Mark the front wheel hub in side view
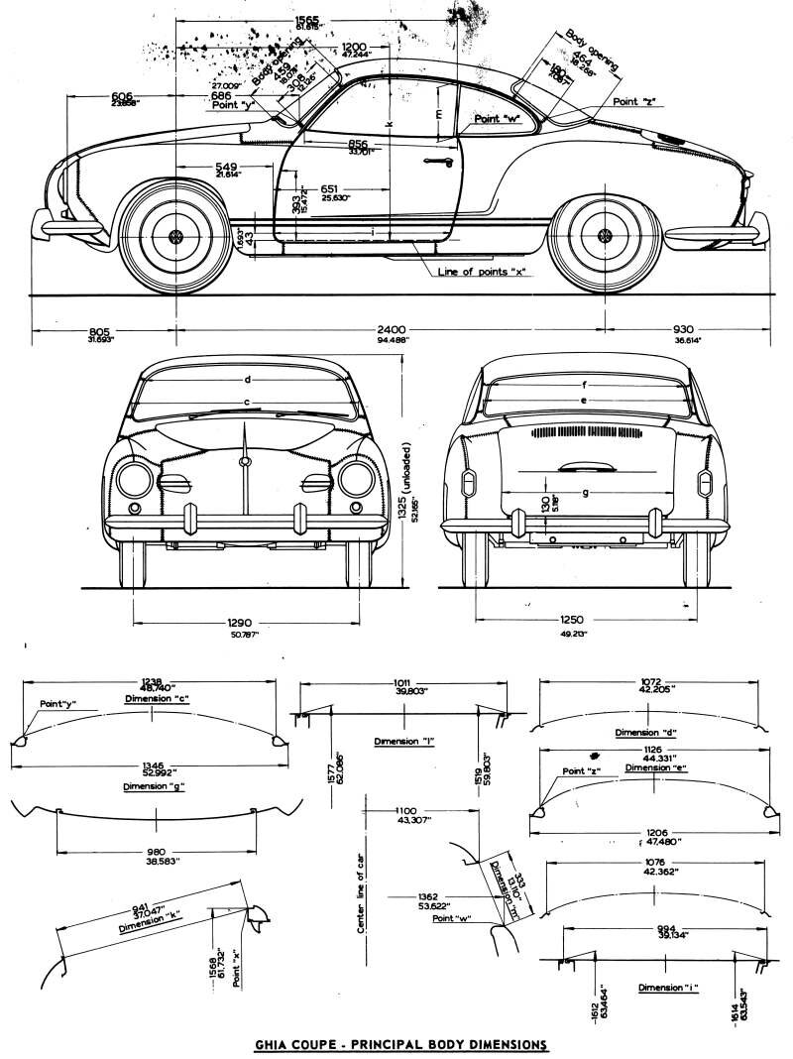(x=176, y=237)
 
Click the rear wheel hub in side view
(x=603, y=237)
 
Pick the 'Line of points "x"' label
(x=483, y=272)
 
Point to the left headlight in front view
(x=132, y=481)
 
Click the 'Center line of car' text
(x=362, y=892)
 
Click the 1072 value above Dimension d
(x=649, y=682)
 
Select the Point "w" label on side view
(x=497, y=118)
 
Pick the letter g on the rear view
(x=586, y=492)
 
